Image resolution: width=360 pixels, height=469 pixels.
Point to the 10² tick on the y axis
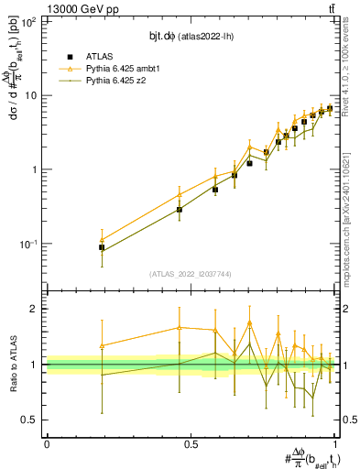click(x=28, y=22)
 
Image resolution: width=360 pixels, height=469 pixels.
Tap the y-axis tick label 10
click(x=31, y=96)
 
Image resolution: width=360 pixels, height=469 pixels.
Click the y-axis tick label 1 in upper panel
click(x=35, y=170)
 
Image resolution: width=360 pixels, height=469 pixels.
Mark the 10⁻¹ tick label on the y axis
click(x=28, y=244)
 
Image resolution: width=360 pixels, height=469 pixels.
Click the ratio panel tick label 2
click(x=35, y=309)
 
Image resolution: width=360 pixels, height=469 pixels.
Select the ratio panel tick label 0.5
click(x=30, y=420)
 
